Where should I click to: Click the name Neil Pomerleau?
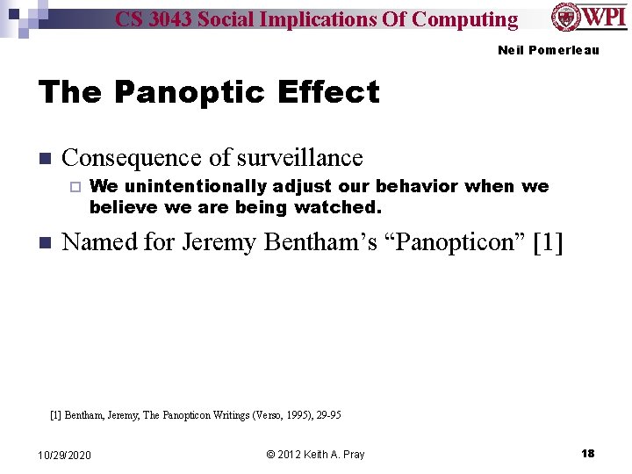[548, 50]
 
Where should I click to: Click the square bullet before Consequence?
[45, 159]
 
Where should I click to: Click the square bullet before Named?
[45, 243]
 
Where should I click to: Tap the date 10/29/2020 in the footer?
[65, 454]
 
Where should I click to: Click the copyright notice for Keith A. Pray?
[315, 454]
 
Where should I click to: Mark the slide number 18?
[587, 453]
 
